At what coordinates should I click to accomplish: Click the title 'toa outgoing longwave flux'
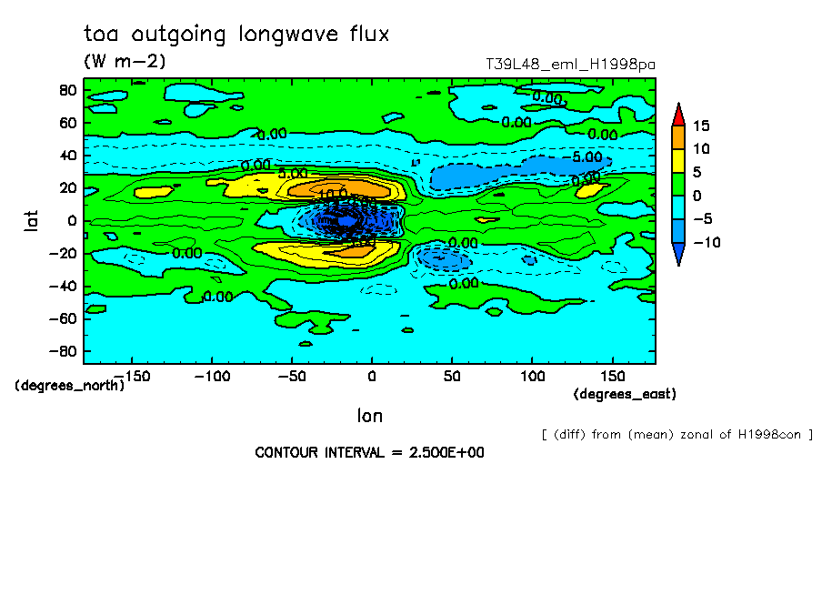[236, 35]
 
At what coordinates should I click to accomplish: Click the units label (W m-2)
[125, 62]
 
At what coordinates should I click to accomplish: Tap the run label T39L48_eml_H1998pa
[571, 64]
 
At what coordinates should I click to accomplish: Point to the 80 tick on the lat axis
[66, 89]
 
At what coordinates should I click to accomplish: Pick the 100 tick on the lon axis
[532, 375]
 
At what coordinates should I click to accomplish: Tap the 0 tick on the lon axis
[371, 375]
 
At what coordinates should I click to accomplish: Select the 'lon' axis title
[369, 416]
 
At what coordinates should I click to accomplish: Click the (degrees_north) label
[69, 385]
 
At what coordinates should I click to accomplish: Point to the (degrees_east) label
[625, 394]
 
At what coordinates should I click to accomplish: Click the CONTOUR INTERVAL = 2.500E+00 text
[369, 452]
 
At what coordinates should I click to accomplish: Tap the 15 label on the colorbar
[700, 126]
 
